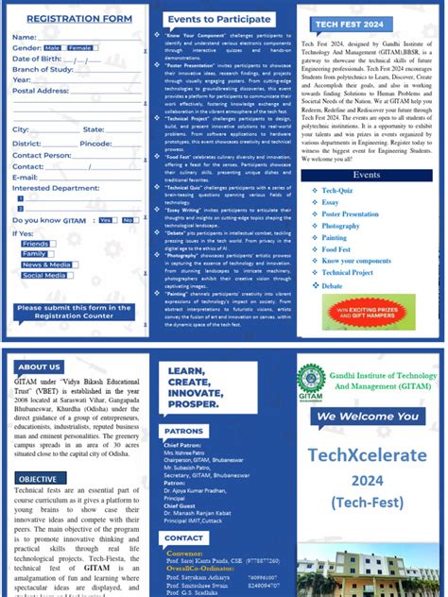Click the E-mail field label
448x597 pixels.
(x=26, y=177)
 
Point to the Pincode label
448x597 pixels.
(x=95, y=143)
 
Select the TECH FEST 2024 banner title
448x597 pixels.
(x=353, y=23)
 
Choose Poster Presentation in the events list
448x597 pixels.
(x=350, y=214)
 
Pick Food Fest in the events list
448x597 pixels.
(x=337, y=249)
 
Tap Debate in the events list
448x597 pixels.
(x=332, y=285)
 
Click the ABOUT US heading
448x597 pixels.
(x=39, y=367)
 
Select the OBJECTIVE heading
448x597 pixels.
(x=38, y=479)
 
